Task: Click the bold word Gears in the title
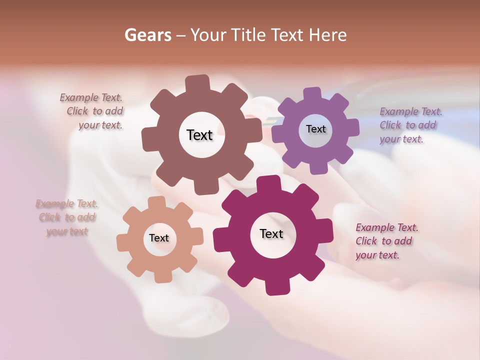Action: pos(147,35)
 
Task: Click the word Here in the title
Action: pos(328,35)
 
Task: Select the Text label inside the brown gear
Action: pos(199,135)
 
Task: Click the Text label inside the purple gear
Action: pos(315,129)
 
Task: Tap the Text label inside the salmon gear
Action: pos(159,238)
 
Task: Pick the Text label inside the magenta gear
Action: pos(271,233)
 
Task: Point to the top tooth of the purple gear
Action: pos(312,93)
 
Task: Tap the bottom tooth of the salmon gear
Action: pos(160,276)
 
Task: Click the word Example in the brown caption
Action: pos(79,97)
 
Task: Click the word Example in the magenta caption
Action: pos(375,227)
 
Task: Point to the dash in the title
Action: pos(182,35)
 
